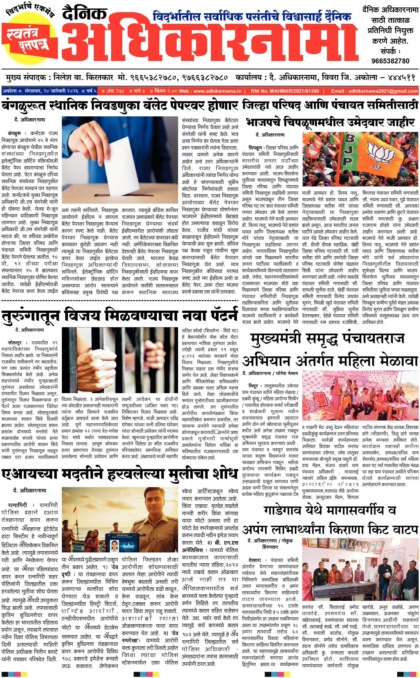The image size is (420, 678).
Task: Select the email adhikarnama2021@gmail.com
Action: click(383, 91)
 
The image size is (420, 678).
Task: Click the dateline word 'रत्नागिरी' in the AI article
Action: click(18, 505)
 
